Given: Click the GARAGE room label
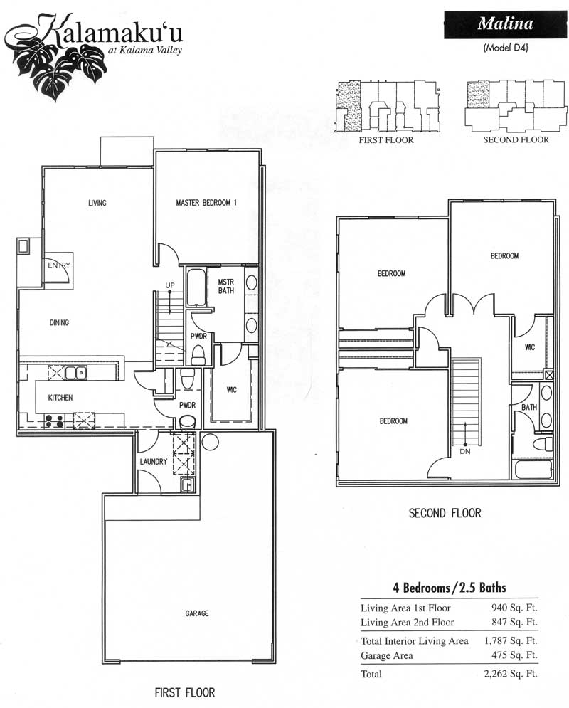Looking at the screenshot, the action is (197, 613).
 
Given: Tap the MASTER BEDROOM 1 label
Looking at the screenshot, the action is (206, 203).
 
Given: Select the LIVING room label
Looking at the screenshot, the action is (97, 203).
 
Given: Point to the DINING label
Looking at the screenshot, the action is (59, 322).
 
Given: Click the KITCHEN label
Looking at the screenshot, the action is (60, 397).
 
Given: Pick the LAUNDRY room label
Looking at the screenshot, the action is (154, 462).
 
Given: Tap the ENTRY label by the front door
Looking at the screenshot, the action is (59, 265).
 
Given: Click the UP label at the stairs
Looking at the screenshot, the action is (170, 285).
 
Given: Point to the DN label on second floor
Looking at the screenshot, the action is (464, 451).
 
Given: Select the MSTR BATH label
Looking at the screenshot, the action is (226, 286).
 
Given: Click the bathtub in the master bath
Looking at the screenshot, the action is (196, 287).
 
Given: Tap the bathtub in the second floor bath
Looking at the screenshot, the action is (533, 469).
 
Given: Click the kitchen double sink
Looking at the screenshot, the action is (76, 373).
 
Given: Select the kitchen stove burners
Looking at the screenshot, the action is (53, 421).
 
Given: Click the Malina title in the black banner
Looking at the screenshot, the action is (506, 23).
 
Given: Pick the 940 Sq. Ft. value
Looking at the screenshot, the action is (514, 608).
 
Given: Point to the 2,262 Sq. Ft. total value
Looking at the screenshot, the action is (511, 674).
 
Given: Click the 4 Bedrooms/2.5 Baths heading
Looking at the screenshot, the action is (450, 588).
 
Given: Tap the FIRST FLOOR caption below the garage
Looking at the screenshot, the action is (184, 692).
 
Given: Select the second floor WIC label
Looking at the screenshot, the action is (530, 347).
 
